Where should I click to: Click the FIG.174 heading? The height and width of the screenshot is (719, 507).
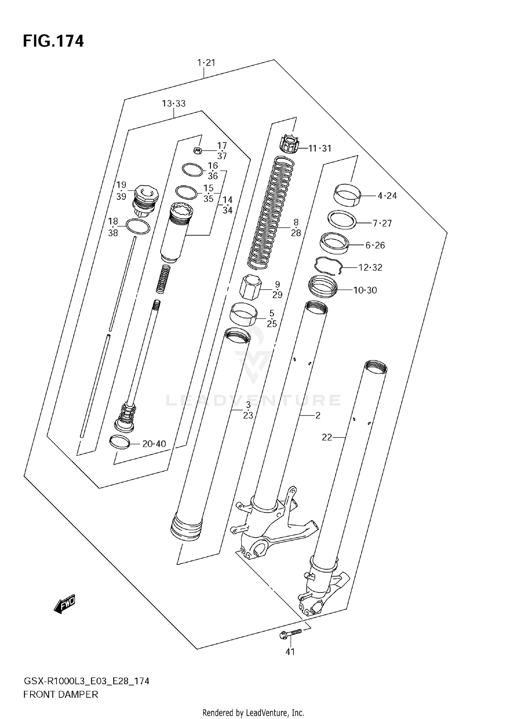coord(53,41)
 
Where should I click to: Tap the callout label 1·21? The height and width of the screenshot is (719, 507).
coord(206,63)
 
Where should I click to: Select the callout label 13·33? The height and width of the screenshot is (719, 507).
coord(174,104)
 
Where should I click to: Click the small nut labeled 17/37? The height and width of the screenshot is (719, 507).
coord(198,150)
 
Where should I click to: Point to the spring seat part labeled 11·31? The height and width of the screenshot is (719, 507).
coord(289,145)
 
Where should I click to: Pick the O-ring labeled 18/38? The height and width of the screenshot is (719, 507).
coord(138,226)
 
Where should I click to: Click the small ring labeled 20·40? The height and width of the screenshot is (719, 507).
coord(120,442)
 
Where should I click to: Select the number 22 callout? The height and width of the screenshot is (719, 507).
coord(327,437)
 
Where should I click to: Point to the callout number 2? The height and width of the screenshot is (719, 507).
coord(318,415)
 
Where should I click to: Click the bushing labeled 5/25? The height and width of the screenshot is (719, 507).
coord(243,314)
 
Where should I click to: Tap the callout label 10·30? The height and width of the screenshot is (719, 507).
coord(365,290)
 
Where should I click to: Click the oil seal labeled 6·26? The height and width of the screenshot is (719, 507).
coord(334,243)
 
